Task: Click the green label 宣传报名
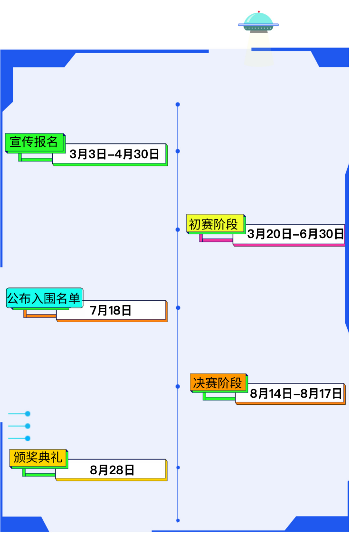pos(34,142)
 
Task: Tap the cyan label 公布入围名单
pos(44,298)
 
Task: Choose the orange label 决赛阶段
pos(218,382)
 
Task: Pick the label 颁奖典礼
pos(38,458)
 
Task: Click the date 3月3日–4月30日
pos(114,154)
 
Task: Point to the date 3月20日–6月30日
pos(295,234)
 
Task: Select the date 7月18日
pos(111,311)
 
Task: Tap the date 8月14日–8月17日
pos(296,393)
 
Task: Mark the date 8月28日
pos(113,470)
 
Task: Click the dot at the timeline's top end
pos(178,104)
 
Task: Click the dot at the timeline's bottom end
pos(178,520)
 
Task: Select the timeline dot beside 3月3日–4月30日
pos(178,151)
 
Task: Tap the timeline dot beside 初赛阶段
pos(178,229)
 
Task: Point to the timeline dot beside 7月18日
pos(178,308)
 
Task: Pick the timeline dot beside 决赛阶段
pos(178,387)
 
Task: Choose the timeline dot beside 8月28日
pos(178,468)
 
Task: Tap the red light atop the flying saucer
pos(258,11)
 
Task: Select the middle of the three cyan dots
pos(28,426)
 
